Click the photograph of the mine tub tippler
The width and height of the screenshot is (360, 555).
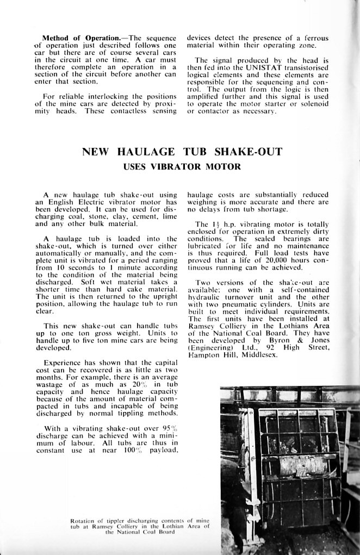point(289,470)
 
